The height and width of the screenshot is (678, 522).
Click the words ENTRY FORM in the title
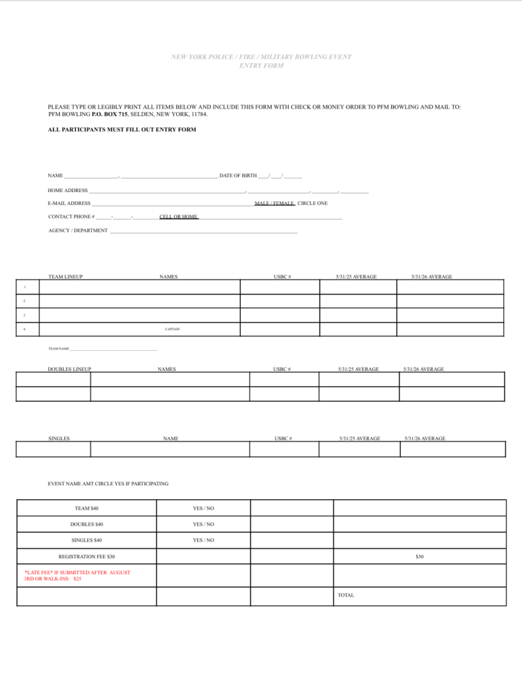click(x=261, y=66)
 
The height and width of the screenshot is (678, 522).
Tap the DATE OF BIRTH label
click(x=238, y=175)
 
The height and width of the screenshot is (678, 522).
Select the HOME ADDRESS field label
click(x=68, y=191)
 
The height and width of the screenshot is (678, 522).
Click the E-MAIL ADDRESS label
click(x=69, y=203)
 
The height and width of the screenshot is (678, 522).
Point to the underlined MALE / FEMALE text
click(x=275, y=203)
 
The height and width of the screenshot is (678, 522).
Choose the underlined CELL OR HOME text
click(x=179, y=217)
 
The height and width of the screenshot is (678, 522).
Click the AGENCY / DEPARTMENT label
click(x=78, y=230)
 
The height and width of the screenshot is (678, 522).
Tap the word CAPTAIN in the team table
click(x=172, y=329)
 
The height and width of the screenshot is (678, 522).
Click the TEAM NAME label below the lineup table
click(x=59, y=348)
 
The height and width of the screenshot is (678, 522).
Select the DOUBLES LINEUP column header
click(x=69, y=369)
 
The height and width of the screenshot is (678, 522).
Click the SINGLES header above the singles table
click(x=59, y=438)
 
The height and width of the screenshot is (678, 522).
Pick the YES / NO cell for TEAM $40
click(x=203, y=508)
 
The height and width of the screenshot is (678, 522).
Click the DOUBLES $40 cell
click(x=87, y=524)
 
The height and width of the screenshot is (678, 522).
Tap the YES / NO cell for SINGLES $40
click(x=203, y=540)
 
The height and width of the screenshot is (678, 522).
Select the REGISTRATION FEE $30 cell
click(x=87, y=557)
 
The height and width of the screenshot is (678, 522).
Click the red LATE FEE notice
click(x=77, y=575)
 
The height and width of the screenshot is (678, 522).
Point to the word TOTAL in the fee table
click(x=346, y=595)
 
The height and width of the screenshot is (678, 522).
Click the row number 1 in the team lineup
click(x=24, y=287)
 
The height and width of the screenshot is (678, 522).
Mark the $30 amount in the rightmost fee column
click(x=419, y=557)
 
